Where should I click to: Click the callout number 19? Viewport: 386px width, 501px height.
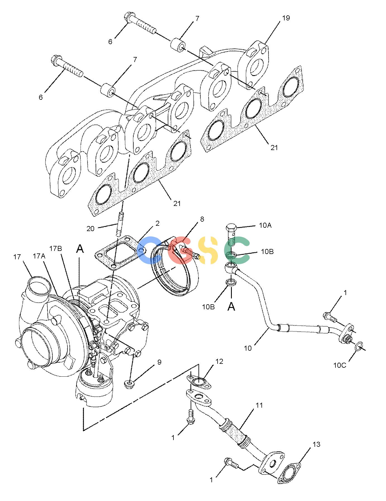pyautogui.click(x=286, y=18)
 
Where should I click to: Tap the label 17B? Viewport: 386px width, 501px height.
pyautogui.click(x=56, y=248)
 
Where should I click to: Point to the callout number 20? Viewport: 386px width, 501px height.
pyautogui.click(x=90, y=229)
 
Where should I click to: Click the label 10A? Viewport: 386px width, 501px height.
pyautogui.click(x=265, y=225)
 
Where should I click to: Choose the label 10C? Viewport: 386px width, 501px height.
pyautogui.click(x=340, y=365)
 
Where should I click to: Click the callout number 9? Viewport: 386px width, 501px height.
pyautogui.click(x=159, y=362)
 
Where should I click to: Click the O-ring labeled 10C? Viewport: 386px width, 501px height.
pyautogui.click(x=359, y=346)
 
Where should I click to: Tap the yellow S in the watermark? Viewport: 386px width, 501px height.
pyautogui.click(x=207, y=250)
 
